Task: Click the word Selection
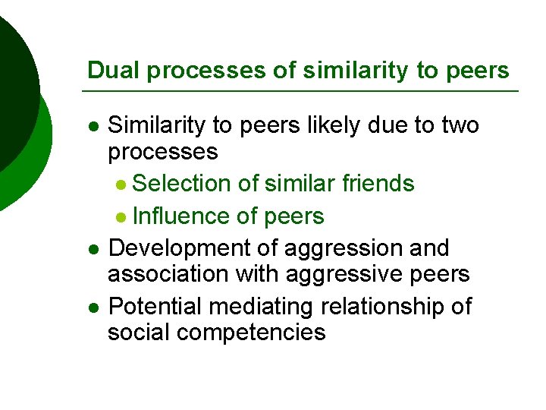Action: point(181,183)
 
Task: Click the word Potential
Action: point(155,307)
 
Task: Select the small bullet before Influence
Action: point(123,218)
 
